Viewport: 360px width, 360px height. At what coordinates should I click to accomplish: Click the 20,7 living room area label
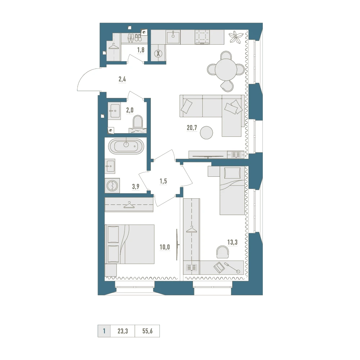tap(192, 128)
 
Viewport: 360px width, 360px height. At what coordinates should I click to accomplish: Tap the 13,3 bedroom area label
tap(232, 242)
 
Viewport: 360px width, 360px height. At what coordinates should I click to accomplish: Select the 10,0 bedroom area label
tap(165, 247)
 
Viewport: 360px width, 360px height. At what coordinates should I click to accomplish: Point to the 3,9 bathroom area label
tap(136, 186)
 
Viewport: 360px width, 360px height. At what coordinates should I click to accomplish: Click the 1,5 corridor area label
tap(163, 181)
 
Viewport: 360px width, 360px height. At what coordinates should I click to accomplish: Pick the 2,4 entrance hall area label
tap(122, 80)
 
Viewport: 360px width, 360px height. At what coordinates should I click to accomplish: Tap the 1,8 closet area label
tap(141, 50)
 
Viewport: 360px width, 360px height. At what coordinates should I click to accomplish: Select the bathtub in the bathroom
tap(126, 146)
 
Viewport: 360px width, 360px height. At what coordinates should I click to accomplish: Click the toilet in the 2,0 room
tap(138, 122)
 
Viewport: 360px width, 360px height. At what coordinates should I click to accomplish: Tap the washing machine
tap(112, 185)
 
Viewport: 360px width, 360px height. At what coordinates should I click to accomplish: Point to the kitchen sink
tap(173, 37)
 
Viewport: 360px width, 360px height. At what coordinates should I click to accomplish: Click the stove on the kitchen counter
tap(202, 37)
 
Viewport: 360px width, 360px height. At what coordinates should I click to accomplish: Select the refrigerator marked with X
tap(158, 54)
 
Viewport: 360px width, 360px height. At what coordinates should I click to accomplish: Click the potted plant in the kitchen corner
tap(236, 37)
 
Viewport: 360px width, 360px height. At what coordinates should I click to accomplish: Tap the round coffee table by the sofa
tap(206, 133)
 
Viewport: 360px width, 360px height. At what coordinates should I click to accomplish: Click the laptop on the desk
tap(219, 267)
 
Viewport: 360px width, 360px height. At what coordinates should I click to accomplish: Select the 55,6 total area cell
tap(147, 331)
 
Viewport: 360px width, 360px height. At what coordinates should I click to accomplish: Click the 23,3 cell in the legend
tap(123, 331)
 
